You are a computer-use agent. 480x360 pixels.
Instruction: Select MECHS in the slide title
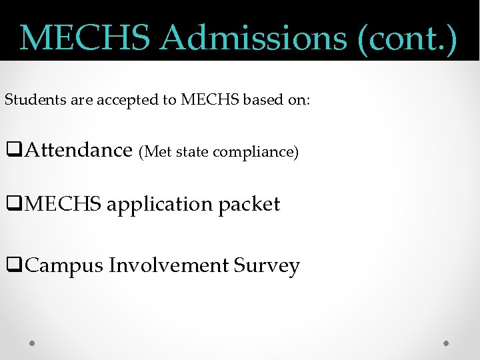(86, 38)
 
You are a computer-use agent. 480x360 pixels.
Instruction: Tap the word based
(262, 101)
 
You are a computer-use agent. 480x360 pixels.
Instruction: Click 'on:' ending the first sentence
(298, 101)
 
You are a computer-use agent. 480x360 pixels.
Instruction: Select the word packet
(249, 205)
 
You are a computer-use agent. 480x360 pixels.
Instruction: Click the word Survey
(267, 266)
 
